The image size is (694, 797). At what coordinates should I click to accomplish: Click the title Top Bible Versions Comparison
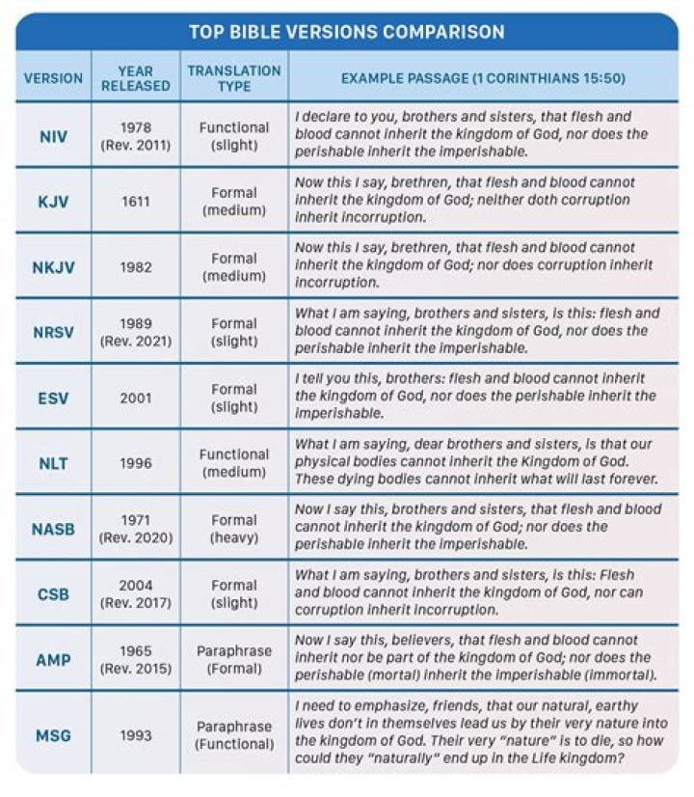346,32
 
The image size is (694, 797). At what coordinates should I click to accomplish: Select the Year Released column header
136,78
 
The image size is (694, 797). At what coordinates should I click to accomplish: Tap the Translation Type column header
234,78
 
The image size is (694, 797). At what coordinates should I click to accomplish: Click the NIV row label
53,136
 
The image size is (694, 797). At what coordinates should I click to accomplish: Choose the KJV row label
53,201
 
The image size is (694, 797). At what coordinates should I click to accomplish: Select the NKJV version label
53,266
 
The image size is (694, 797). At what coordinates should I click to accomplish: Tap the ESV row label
53,398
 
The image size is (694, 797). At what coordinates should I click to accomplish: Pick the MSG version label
53,735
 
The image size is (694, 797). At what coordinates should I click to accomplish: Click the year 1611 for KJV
136,201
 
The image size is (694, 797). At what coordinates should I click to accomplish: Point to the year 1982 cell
136,266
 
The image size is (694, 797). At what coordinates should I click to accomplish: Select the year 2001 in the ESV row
136,398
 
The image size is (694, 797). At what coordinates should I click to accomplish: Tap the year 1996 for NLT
136,463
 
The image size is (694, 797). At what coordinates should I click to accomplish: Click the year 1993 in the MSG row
136,735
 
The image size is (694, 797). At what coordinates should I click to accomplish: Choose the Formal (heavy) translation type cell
234,528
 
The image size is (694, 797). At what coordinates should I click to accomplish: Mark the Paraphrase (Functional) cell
234,735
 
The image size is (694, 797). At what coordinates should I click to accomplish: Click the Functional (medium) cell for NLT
234,463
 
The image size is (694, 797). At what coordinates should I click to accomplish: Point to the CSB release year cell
136,593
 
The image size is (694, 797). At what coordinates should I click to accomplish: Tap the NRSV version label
53,332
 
